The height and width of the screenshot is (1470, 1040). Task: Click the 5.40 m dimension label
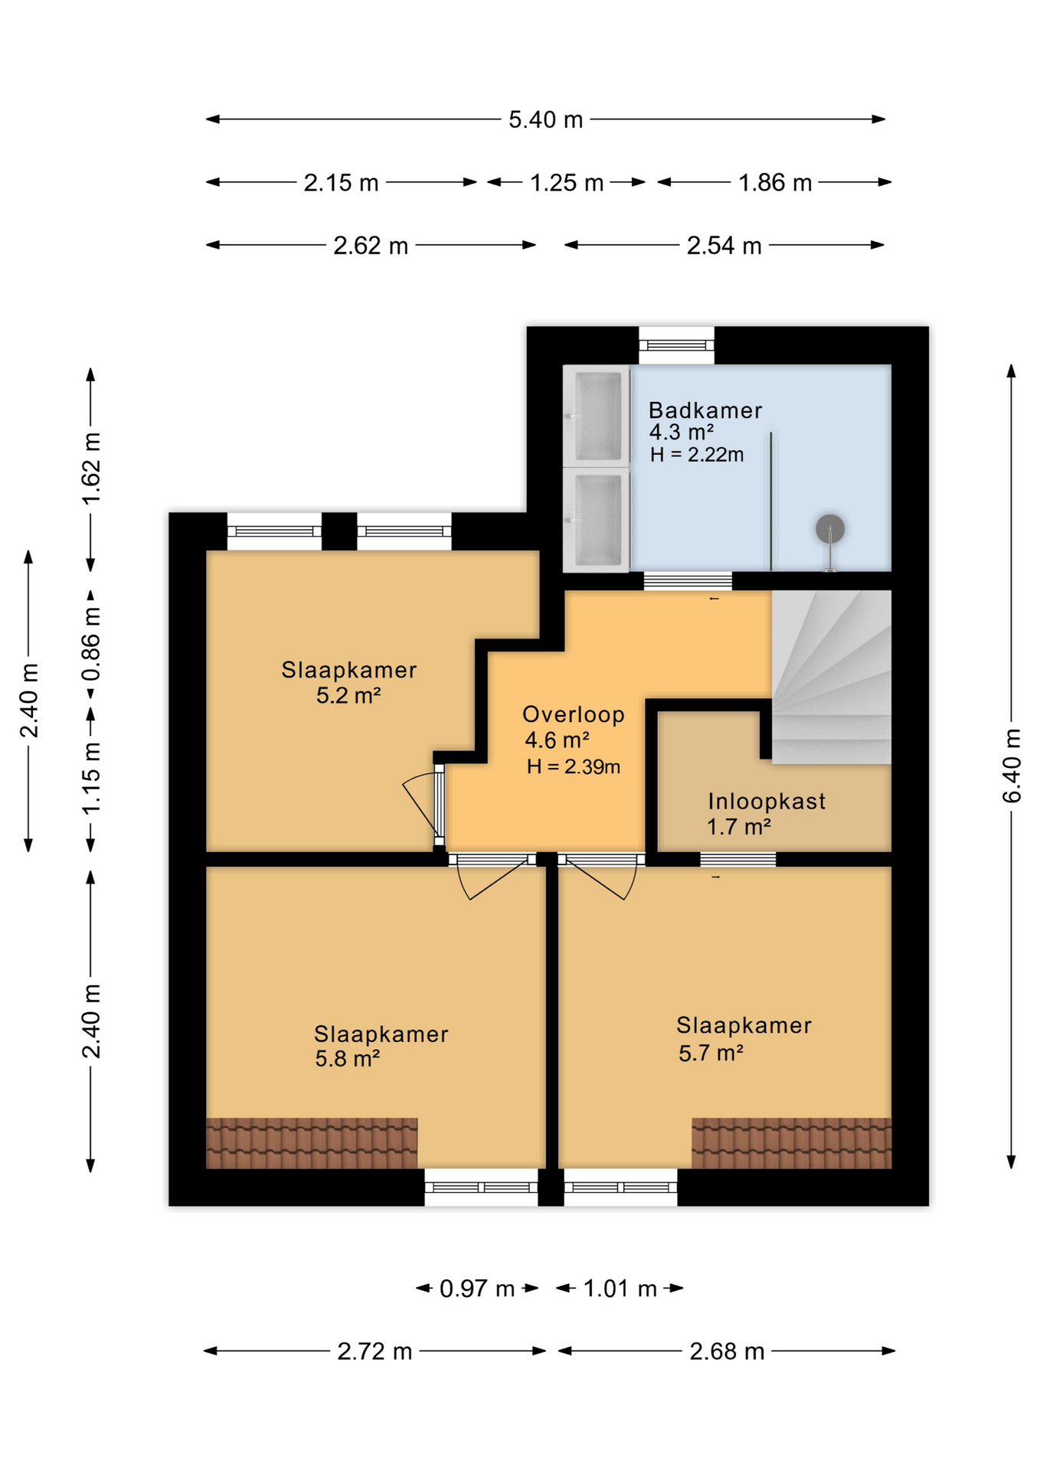[x=545, y=119]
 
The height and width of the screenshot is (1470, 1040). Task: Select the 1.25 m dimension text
[x=567, y=183]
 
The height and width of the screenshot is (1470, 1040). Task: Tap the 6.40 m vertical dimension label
[x=1012, y=766]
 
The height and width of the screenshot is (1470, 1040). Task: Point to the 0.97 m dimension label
[x=476, y=1289]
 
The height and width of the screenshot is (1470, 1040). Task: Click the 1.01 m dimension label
[x=620, y=1289]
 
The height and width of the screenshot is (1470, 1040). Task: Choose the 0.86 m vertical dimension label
[x=91, y=644]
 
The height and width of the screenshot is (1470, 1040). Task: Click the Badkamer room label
[x=705, y=410]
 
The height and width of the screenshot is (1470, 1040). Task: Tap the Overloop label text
[x=574, y=714]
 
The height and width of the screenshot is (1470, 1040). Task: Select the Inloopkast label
[x=767, y=802]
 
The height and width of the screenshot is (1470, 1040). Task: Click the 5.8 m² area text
[x=348, y=1059]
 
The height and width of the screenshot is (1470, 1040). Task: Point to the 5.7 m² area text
[x=711, y=1053]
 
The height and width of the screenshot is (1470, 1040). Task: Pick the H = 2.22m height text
[x=697, y=455]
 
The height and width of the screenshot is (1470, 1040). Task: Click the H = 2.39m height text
[x=574, y=766]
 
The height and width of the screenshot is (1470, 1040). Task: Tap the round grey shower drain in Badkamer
[x=830, y=528]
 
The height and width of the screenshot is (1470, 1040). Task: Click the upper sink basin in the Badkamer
[x=597, y=416]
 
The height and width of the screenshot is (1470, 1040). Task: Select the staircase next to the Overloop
[x=831, y=677]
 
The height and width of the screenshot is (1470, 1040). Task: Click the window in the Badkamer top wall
[x=677, y=345]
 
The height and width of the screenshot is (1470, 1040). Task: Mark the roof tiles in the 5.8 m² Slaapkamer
[x=312, y=1143]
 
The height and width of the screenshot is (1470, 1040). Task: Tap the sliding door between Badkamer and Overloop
[x=688, y=581]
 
